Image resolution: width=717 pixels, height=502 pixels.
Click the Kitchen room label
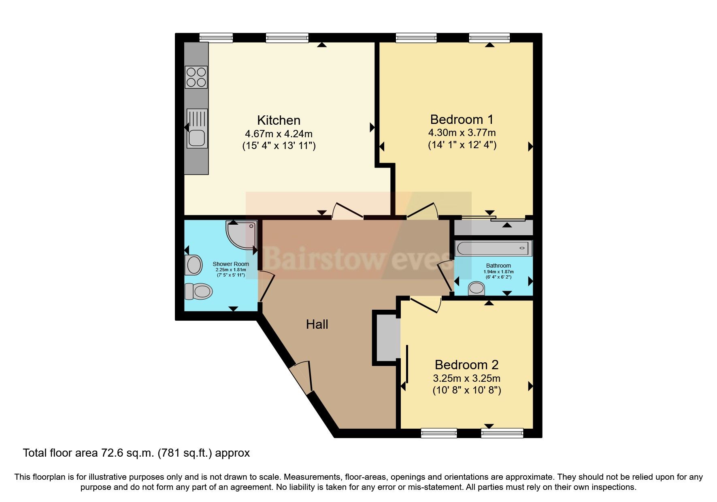(x=279, y=120)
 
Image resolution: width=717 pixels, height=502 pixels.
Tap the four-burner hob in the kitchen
(x=196, y=77)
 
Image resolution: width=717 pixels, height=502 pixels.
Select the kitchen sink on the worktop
(x=197, y=128)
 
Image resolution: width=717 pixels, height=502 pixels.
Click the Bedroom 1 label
(x=462, y=119)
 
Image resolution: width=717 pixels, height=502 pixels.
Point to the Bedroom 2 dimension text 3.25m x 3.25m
(x=466, y=379)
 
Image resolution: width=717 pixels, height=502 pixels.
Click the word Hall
(x=317, y=324)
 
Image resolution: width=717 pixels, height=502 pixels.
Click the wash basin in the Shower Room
(x=194, y=265)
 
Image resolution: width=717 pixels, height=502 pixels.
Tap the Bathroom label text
(x=498, y=266)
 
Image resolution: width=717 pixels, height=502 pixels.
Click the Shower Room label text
(x=231, y=264)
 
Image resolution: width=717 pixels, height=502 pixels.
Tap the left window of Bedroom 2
(x=439, y=433)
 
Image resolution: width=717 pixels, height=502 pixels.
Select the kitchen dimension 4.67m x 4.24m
(x=279, y=134)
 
